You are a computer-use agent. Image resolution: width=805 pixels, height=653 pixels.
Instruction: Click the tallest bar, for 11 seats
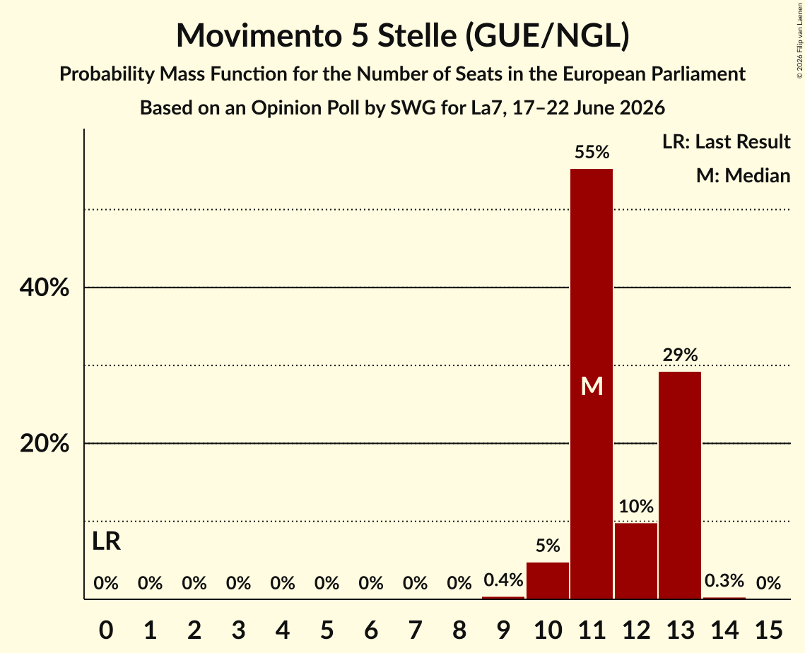(592, 384)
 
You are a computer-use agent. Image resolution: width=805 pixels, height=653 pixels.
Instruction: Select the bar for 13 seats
(680, 485)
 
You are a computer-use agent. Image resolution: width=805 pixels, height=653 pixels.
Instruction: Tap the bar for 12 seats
(635, 560)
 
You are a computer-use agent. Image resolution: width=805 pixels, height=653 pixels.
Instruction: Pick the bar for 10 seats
(547, 581)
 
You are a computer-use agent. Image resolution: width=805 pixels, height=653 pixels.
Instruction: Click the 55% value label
(592, 152)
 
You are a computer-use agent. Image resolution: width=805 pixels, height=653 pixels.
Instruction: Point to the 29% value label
(680, 355)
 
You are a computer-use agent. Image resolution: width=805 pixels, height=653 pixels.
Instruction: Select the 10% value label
(636, 506)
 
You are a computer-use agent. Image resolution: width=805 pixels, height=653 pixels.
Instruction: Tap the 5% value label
(548, 546)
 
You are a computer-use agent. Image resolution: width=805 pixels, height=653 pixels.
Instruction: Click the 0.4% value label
(504, 580)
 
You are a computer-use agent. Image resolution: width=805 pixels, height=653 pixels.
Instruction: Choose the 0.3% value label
(724, 581)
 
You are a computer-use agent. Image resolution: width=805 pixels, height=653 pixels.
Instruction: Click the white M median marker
(592, 386)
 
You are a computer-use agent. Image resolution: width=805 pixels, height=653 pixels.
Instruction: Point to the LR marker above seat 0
(106, 541)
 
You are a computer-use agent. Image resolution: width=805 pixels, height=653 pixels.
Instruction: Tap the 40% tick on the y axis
(45, 288)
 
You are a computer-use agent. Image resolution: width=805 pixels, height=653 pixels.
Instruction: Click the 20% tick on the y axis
(45, 443)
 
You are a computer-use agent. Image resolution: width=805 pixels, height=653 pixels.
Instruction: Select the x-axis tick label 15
(768, 630)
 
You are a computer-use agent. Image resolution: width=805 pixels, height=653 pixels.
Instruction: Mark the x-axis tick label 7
(415, 630)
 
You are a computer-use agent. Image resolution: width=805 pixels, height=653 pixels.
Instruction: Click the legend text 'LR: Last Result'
(726, 141)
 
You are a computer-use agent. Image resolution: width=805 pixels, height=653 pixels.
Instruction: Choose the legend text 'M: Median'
(744, 175)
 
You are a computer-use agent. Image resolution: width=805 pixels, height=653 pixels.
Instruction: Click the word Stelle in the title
(417, 35)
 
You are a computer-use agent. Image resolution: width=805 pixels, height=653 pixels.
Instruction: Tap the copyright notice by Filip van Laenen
(799, 40)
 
